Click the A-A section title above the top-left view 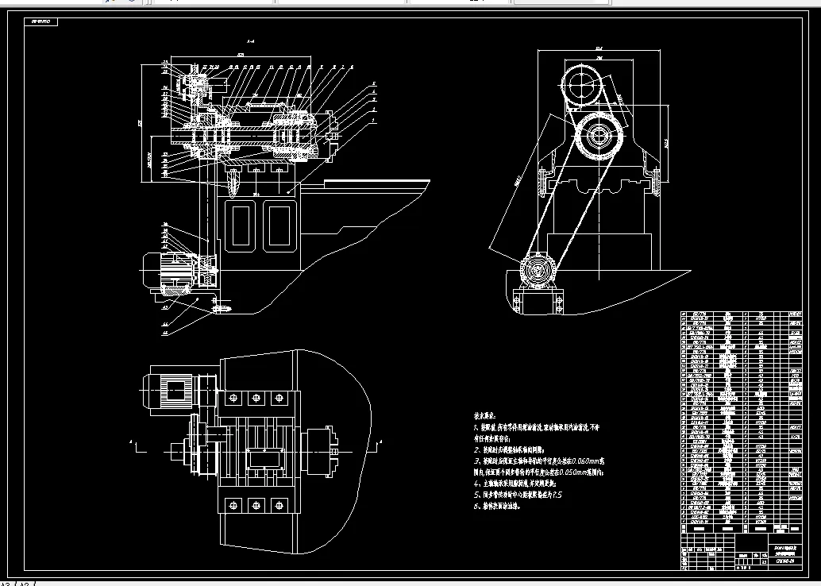(x=250, y=40)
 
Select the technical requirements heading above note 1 (x=484, y=415)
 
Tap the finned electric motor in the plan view (x=172, y=388)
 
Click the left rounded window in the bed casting (x=241, y=226)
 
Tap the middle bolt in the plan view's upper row (x=256, y=396)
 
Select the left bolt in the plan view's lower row (x=233, y=504)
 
